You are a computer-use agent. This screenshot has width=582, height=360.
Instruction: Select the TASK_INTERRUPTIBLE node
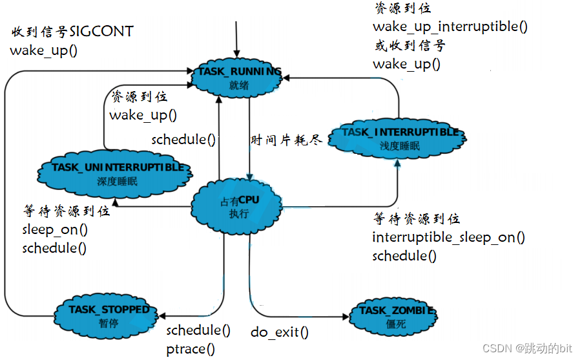pyautogui.click(x=399, y=138)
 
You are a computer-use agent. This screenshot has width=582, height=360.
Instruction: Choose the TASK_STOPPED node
pyautogui.click(x=109, y=315)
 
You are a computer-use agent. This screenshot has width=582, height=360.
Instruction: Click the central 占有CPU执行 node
pyautogui.click(x=238, y=206)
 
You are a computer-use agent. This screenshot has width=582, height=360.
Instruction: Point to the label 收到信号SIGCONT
pyautogui.click(x=72, y=32)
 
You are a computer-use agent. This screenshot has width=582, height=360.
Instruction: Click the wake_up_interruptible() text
pyautogui.click(x=450, y=26)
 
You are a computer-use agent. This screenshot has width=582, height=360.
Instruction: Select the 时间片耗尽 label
pyautogui.click(x=285, y=140)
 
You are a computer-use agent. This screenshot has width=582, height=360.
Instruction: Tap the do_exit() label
pyautogui.click(x=279, y=333)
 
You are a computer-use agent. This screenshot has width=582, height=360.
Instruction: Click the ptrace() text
pyautogui.click(x=190, y=349)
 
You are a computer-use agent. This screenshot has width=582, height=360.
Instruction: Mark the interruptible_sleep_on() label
pyautogui.click(x=448, y=237)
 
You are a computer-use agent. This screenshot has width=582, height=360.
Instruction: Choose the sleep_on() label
pyautogui.click(x=55, y=229)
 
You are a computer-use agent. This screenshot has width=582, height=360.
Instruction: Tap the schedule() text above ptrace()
pyautogui.click(x=198, y=330)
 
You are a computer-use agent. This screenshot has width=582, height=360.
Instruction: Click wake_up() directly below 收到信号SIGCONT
pyautogui.click(x=43, y=50)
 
